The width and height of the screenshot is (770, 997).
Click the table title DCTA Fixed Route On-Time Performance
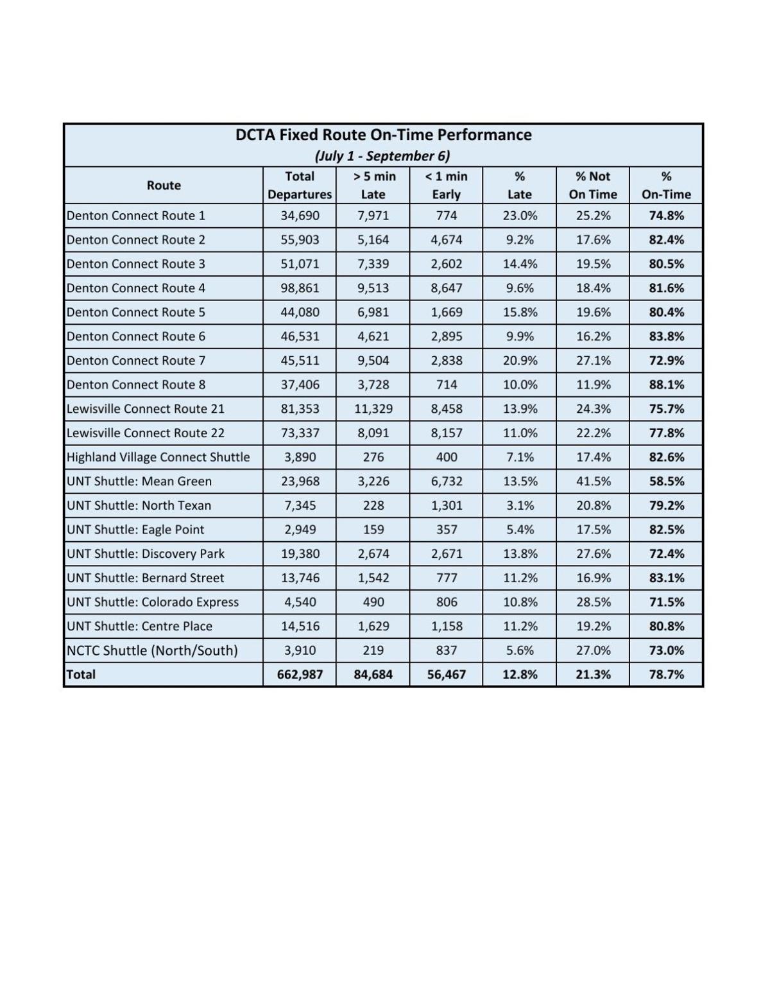(383, 135)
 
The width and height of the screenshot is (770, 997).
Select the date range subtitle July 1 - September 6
(382, 156)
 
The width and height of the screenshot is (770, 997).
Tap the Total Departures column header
(300, 186)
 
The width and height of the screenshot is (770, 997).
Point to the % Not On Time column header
(592, 186)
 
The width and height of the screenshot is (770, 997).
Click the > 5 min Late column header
(373, 186)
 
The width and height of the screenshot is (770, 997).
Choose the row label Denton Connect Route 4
(136, 288)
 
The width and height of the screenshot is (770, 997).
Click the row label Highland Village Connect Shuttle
(158, 457)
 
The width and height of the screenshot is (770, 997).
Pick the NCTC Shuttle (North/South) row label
(152, 650)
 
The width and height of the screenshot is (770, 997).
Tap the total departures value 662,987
(300, 675)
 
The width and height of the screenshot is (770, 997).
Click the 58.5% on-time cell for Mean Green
(666, 481)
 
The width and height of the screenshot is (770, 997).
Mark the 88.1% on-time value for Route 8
(666, 385)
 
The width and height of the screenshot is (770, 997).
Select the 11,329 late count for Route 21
(373, 409)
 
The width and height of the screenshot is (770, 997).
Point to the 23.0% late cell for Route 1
(520, 216)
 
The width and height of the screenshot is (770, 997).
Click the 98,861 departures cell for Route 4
(300, 288)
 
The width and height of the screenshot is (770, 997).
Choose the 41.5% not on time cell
(593, 481)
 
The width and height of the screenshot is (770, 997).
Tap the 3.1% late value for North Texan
(520, 506)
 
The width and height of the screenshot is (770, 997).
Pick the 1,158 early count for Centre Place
(447, 627)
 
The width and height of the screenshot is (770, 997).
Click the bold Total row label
(81, 675)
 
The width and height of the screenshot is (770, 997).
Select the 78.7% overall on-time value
(666, 675)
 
